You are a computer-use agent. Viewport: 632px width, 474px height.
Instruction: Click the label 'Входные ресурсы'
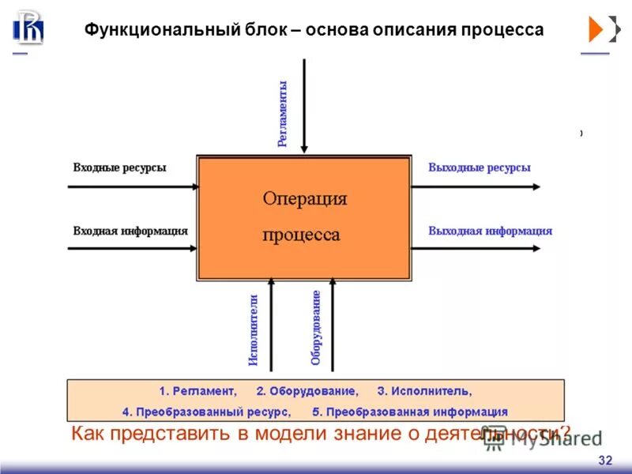point(119,167)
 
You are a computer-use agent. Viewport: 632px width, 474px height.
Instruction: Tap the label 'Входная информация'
point(130,231)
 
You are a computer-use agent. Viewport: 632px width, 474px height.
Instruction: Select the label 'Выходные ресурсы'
point(480,167)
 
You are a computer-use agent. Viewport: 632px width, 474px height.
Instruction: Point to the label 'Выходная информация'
point(491,231)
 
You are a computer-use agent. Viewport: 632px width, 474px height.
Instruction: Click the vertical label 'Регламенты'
point(282,113)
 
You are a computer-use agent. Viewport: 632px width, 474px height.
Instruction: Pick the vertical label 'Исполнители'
point(254,329)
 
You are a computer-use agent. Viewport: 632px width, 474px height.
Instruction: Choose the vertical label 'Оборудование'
point(316,326)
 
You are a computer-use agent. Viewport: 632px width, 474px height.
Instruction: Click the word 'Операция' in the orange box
point(304,198)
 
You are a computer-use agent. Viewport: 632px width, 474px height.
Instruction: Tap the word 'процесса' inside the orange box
point(301,235)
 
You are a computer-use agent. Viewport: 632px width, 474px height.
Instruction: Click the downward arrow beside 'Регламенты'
point(305,111)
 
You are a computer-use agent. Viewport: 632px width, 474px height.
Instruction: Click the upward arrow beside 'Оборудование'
point(332,324)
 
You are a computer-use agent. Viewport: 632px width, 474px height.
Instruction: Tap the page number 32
point(606,461)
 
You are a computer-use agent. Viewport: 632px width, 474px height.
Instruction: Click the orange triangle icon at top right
point(596,29)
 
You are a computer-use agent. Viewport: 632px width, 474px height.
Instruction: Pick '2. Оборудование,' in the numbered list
point(307,391)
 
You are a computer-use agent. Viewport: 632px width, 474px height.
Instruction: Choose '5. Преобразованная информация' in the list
point(410,412)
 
